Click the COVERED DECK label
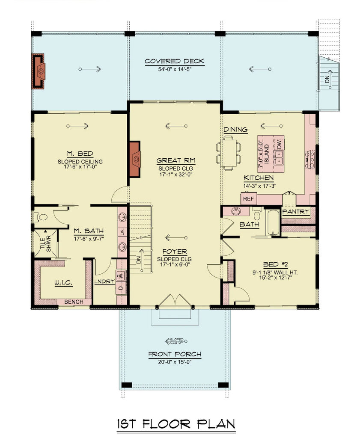[x=174, y=61]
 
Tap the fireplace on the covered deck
[x=39, y=71]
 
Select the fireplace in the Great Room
[x=134, y=159]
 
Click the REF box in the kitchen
[x=247, y=199]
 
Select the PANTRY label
[x=295, y=211]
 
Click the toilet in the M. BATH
[x=42, y=217]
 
